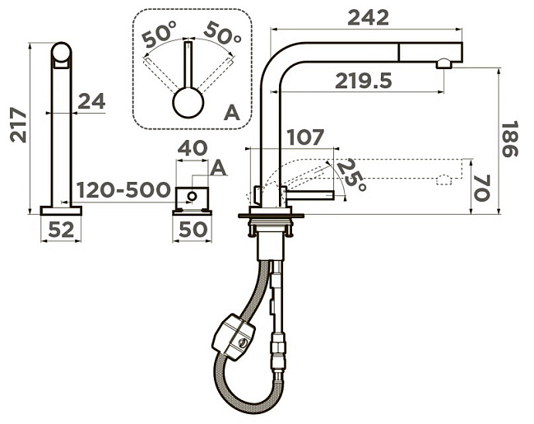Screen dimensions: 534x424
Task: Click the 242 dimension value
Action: point(368,17)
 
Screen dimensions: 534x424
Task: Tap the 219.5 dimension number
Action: point(364,81)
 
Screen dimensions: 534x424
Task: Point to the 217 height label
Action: point(18,124)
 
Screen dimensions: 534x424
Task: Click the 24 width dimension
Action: point(91,101)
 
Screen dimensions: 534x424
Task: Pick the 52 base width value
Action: point(61,230)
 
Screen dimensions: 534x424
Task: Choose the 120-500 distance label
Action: point(123,190)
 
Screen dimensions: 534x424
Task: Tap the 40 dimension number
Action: point(193,148)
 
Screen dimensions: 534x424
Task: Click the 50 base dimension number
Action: point(193,230)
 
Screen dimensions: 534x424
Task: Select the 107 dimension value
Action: point(305,137)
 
